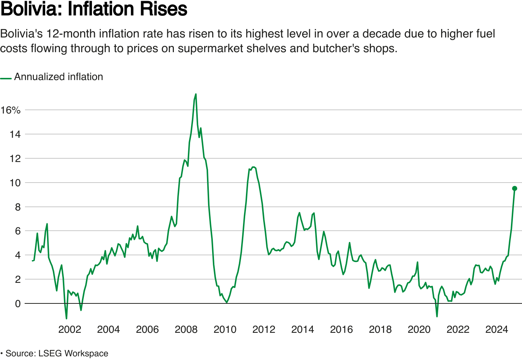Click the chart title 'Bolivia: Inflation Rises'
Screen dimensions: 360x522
point(94,9)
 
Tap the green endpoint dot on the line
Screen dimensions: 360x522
point(515,188)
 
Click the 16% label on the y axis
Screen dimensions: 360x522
point(10,110)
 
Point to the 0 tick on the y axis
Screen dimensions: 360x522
point(18,304)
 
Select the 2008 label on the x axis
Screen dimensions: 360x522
point(186,329)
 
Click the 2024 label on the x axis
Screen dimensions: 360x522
point(497,329)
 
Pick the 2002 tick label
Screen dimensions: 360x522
point(69,329)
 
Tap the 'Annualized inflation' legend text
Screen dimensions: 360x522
point(58,77)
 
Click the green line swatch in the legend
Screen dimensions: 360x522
point(6,78)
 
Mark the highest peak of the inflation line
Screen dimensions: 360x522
point(196,94)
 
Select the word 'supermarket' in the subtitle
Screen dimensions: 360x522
point(210,48)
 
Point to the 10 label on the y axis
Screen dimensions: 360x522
point(15,183)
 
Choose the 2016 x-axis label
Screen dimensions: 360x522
point(341,329)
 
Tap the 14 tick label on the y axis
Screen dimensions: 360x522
point(15,134)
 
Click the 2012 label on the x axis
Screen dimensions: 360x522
point(264,329)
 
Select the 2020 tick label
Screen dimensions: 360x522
point(419,329)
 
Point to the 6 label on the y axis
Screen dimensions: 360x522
point(18,231)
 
